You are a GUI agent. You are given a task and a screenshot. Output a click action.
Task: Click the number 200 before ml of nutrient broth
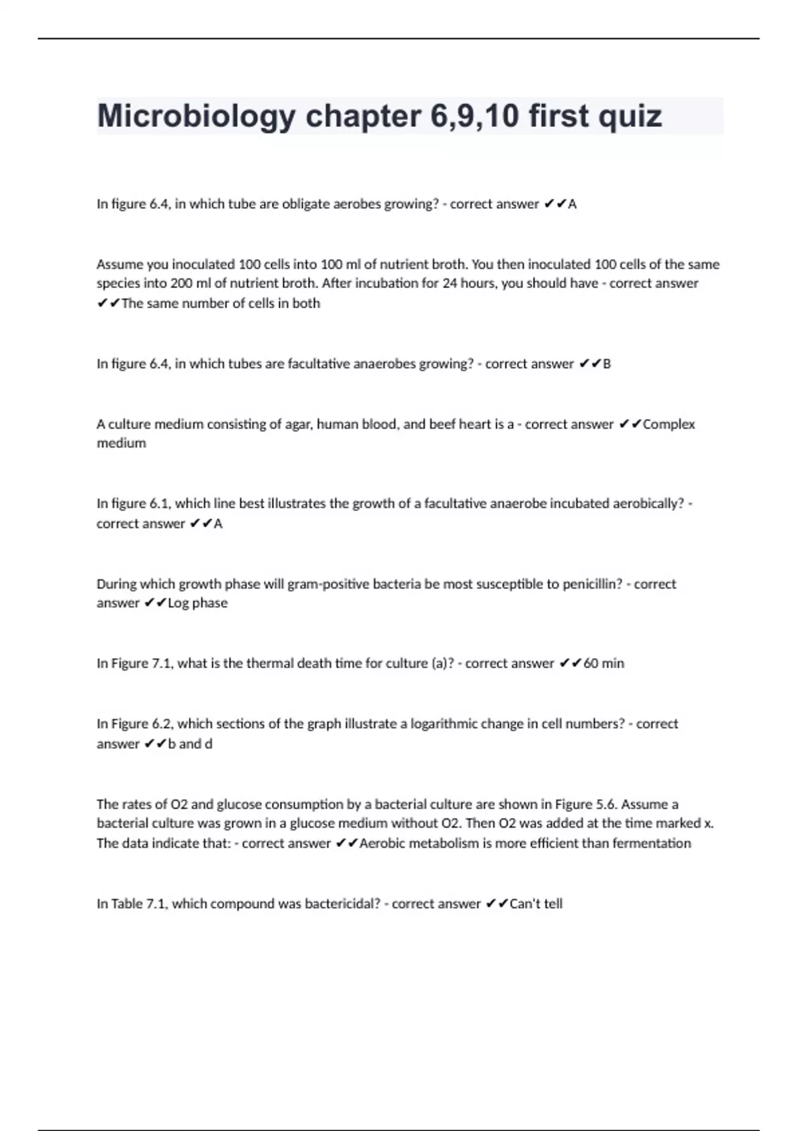click(x=182, y=283)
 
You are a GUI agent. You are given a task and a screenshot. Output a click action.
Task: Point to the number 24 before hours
click(x=450, y=283)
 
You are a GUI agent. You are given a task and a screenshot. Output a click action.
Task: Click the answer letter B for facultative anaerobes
click(x=606, y=364)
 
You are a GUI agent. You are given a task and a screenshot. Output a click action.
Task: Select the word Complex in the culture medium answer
click(x=669, y=424)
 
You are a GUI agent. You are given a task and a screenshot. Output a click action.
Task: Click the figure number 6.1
click(x=160, y=504)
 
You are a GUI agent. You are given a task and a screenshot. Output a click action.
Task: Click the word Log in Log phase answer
click(x=178, y=603)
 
